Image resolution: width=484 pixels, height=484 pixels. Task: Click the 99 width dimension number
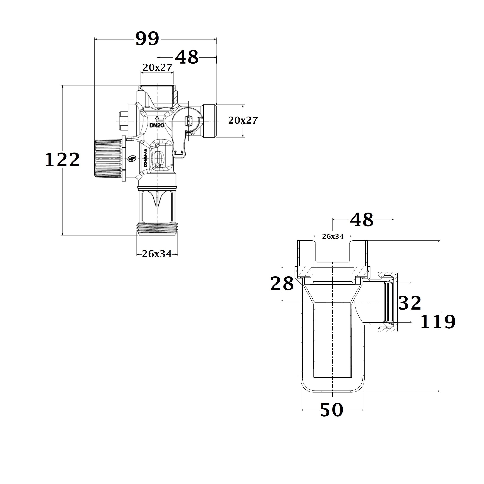[147, 39]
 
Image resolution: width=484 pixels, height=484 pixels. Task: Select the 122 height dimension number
[62, 160]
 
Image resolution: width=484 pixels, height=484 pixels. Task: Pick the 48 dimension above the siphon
[361, 220]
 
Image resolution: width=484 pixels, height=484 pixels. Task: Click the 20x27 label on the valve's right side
[243, 121]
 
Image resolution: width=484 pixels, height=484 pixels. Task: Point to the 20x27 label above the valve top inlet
[157, 67]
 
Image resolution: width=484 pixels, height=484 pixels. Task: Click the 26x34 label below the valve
[157, 254]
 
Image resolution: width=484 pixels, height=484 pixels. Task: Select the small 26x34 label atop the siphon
[333, 236]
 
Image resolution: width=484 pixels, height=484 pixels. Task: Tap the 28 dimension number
[282, 284]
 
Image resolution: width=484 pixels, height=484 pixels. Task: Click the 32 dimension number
[410, 303]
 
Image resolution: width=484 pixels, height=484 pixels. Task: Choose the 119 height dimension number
[437, 322]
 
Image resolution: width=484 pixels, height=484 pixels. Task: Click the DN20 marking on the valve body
[157, 125]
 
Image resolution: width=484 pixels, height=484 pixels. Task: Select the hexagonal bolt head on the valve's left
[123, 121]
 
